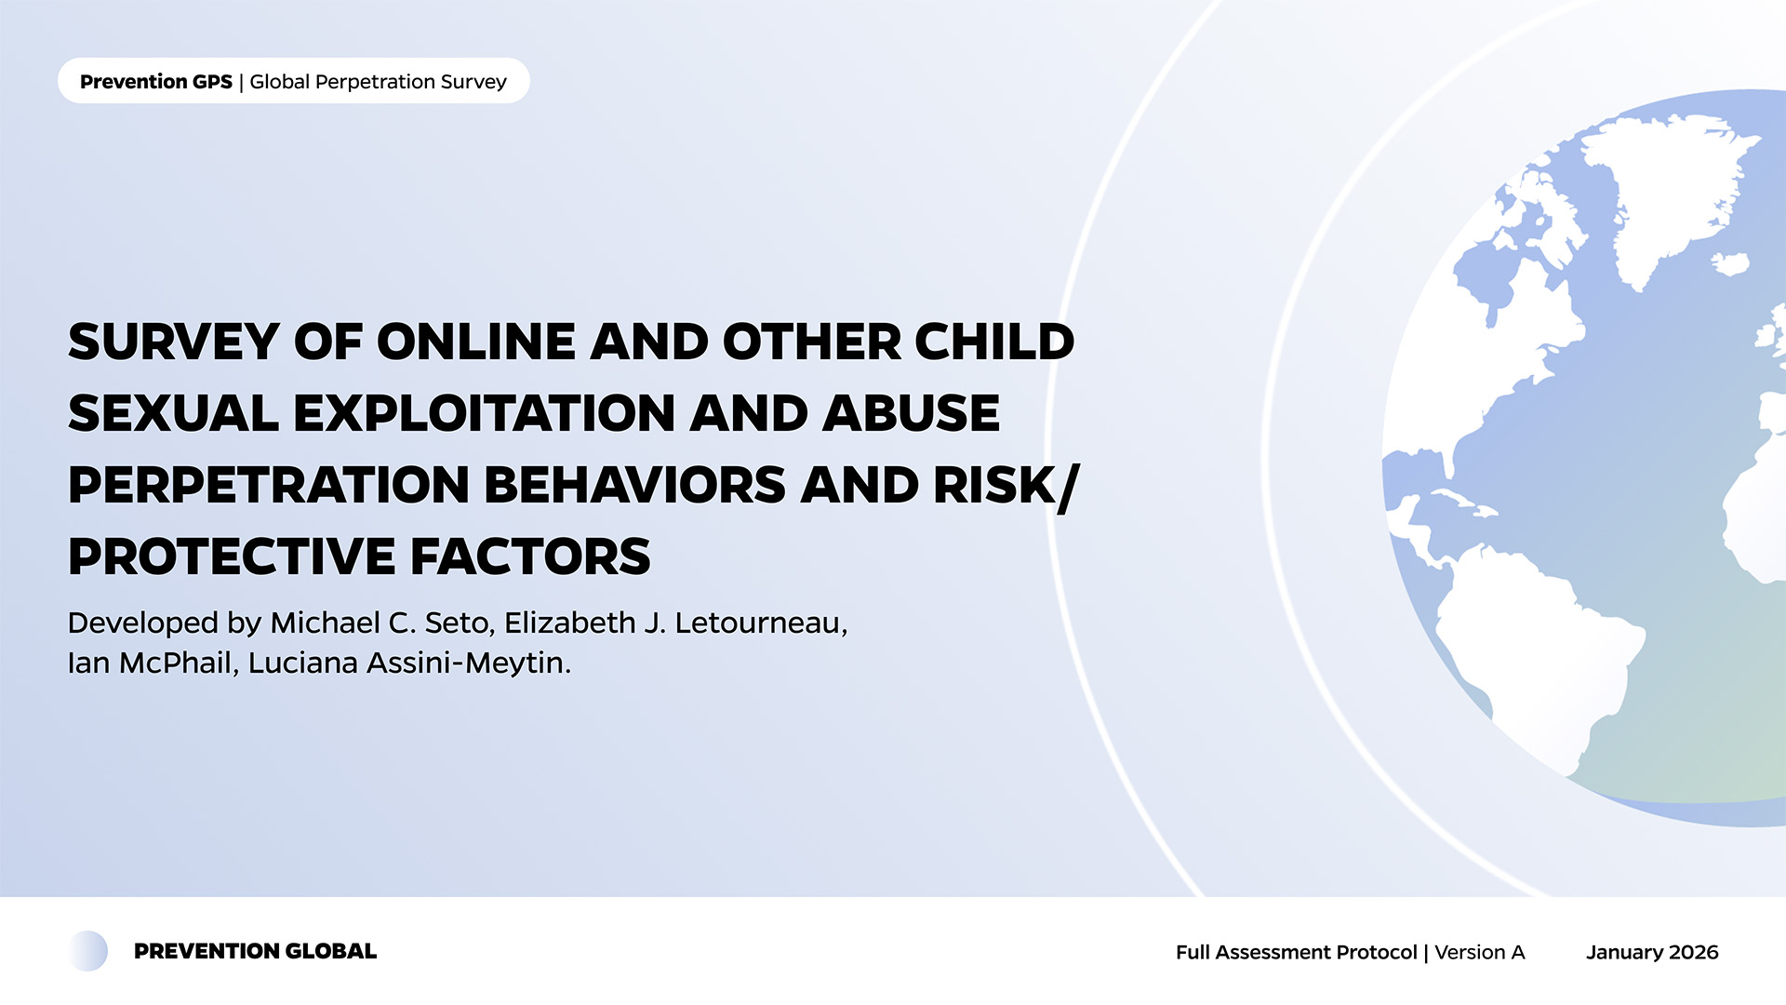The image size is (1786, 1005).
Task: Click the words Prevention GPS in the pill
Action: click(x=156, y=82)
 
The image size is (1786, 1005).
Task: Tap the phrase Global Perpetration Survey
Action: click(x=379, y=82)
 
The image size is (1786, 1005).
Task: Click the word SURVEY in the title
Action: click(x=174, y=342)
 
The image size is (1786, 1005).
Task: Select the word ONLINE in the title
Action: click(x=476, y=342)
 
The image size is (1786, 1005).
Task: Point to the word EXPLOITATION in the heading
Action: click(x=485, y=413)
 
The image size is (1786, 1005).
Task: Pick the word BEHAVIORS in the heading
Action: click(x=635, y=485)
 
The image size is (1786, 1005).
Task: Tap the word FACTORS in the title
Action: click(x=530, y=556)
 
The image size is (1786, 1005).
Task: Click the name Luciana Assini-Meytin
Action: click(x=409, y=663)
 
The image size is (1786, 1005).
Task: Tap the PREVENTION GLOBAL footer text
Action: click(x=256, y=951)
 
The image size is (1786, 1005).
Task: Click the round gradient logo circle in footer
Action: click(x=88, y=951)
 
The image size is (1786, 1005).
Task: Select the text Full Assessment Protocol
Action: click(x=1297, y=952)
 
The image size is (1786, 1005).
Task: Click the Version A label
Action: click(x=1480, y=952)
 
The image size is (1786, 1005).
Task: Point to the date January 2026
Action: click(x=1652, y=952)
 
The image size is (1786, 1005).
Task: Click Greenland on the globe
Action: click(x=1665, y=186)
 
